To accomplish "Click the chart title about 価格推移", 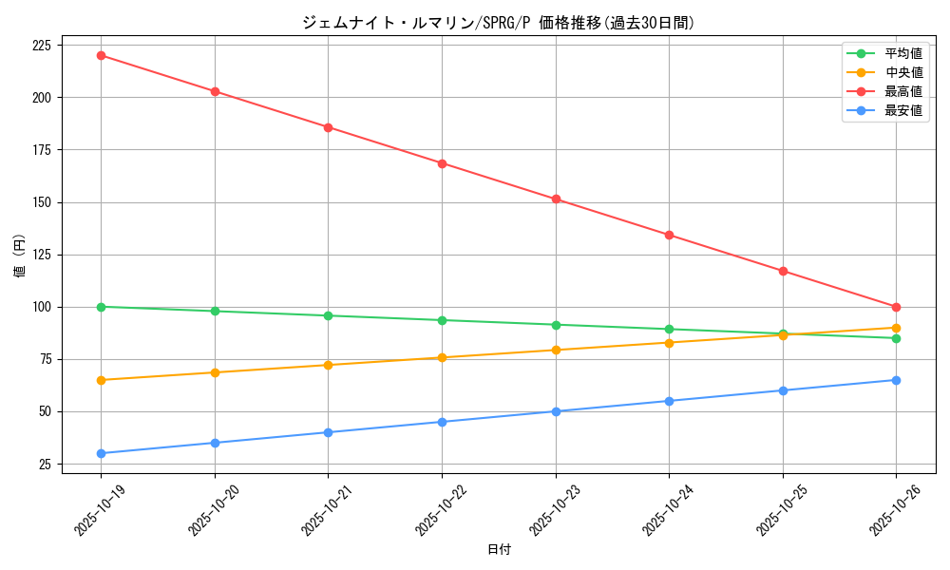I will click(498, 23).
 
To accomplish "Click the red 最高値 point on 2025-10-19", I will click(101, 55).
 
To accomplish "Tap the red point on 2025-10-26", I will click(896, 307).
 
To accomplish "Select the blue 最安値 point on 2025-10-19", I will click(101, 453).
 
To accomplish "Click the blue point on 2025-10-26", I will click(896, 380).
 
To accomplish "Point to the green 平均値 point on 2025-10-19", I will click(101, 307).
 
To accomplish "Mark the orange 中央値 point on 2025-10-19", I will click(101, 380).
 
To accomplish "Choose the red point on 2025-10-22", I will click(442, 163).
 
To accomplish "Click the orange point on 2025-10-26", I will click(896, 328).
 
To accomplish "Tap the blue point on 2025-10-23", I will click(556, 411).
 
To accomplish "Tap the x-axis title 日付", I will click(499, 550).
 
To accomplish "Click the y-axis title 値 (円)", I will click(20, 256).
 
